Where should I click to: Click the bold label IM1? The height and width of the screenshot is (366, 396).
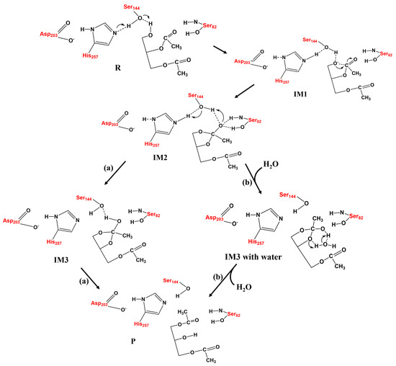coord(320,107)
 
